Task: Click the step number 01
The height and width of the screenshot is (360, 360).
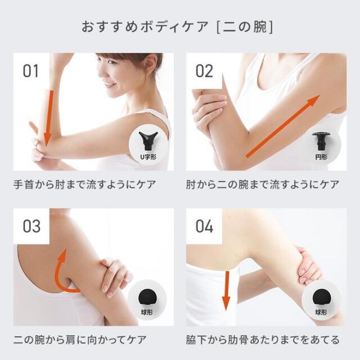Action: click(31, 71)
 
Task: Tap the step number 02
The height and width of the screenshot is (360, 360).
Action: click(204, 71)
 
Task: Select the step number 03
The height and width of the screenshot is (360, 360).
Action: click(31, 226)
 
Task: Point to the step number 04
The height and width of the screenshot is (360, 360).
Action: click(204, 226)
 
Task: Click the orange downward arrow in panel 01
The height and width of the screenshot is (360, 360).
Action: click(49, 118)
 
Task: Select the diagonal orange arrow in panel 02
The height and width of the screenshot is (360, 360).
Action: click(283, 126)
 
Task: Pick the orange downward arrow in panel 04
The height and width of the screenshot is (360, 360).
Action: click(227, 291)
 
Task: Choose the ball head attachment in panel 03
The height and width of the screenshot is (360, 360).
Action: click(147, 298)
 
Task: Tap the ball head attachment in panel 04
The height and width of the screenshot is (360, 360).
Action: click(322, 298)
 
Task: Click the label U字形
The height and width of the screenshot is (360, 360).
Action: click(148, 157)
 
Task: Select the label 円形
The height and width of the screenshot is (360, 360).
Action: click(321, 157)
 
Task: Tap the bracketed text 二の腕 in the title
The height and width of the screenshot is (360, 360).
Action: click(245, 27)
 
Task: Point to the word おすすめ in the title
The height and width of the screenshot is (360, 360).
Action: click(110, 27)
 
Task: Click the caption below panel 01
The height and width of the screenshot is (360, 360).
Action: click(85, 185)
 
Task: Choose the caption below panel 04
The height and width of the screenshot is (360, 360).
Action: click(263, 340)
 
